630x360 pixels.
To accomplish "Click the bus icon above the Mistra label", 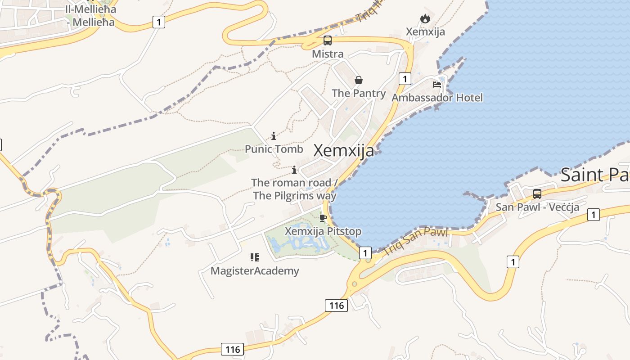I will coord(328,40).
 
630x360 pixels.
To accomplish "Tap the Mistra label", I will coord(328,54).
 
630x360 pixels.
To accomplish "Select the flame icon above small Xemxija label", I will coord(425,19).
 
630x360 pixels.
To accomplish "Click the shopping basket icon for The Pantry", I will coord(359,81).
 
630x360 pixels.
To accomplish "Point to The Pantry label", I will coord(359,93).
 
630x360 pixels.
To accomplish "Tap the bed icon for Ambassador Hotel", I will coord(436,84).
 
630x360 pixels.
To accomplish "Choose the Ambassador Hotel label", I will coord(437,98).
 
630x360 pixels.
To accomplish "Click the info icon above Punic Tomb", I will coord(274,136).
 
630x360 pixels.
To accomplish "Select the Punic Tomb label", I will coord(274,148).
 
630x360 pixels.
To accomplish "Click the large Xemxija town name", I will coord(343,151).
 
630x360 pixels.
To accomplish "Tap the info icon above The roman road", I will coord(294,170).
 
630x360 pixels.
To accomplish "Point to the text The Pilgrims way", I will coord(295,196).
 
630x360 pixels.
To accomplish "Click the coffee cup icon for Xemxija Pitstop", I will coord(323,218).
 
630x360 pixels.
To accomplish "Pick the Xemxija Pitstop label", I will coord(323,231).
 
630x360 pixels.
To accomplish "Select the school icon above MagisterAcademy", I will coord(255,257).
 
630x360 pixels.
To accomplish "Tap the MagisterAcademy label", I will coord(255,271).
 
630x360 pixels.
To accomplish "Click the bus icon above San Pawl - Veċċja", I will coord(537,194).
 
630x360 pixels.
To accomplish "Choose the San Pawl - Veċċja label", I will coord(537,207).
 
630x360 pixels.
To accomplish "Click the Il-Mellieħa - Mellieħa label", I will coord(90,15).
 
